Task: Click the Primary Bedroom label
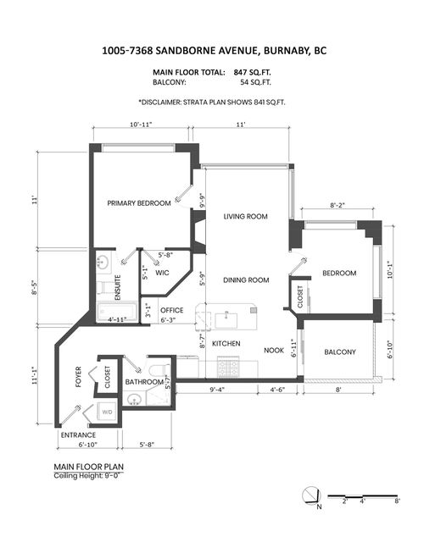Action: pos(138,203)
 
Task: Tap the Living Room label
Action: pos(245,217)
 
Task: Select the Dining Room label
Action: pos(246,280)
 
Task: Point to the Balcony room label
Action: pos(339,351)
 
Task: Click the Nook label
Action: pos(273,350)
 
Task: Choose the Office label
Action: pos(172,310)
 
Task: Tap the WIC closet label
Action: pos(165,273)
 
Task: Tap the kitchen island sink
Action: pos(227,319)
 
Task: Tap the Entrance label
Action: pos(77,435)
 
